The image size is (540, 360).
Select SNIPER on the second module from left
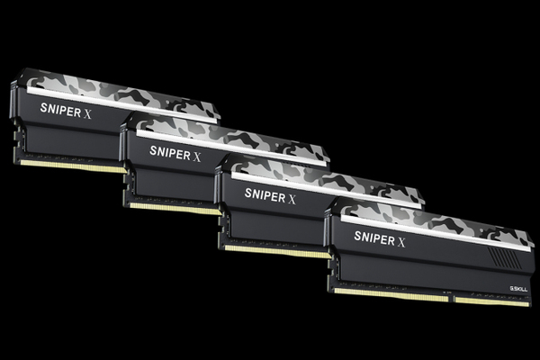pyautogui.click(x=169, y=150)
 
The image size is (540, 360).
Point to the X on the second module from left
pyautogui.click(x=196, y=155)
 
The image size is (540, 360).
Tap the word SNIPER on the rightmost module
pyautogui.click(x=373, y=238)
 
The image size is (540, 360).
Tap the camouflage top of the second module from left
pyautogui.click(x=225, y=133)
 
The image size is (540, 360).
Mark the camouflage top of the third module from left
pyautogui.click(x=324, y=177)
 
